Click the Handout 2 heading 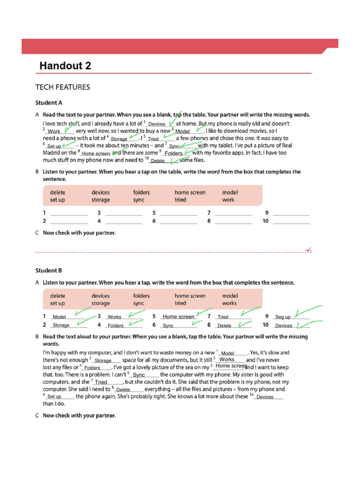point(65,66)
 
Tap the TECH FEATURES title point(63,87)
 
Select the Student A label point(49,102)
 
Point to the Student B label point(49,270)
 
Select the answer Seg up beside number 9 point(283,317)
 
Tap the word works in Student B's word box point(229,303)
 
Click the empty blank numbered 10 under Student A point(291,221)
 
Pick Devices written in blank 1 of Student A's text point(157,124)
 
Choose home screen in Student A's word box point(190,192)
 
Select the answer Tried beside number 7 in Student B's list point(223,317)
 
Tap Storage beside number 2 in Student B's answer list point(61,325)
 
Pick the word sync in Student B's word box point(139,303)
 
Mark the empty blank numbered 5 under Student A point(179,213)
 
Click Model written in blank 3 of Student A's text point(182,132)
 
